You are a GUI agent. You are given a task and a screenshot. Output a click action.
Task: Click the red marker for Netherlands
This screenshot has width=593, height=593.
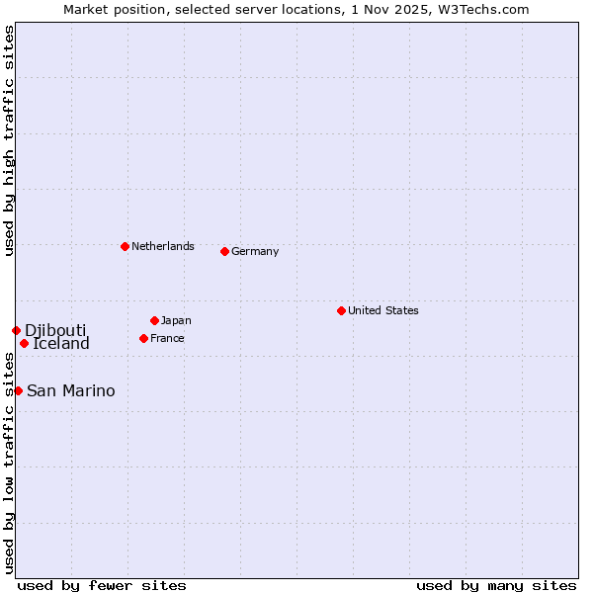[125, 246]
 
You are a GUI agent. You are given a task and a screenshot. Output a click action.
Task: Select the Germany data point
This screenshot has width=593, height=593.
[224, 251]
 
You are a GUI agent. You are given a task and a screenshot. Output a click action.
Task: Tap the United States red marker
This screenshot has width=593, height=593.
[341, 310]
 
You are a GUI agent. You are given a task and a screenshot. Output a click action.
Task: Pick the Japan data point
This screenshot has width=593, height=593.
[154, 320]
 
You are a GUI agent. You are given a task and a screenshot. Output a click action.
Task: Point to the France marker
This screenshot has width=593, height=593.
[143, 338]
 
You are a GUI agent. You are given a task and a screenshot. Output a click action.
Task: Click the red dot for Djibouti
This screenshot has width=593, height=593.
[16, 330]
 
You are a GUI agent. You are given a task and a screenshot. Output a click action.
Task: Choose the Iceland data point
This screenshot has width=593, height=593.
[24, 343]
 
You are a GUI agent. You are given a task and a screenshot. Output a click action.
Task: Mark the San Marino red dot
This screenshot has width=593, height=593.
[18, 390]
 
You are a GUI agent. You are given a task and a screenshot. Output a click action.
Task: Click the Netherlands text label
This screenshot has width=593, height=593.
[162, 246]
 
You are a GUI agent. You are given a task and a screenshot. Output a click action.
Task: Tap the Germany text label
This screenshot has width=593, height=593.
[255, 251]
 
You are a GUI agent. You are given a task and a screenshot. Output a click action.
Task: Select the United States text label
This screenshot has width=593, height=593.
[382, 310]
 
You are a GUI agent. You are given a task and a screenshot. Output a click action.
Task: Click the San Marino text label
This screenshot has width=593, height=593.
[70, 390]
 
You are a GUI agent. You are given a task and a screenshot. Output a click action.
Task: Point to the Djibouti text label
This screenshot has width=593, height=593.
[55, 330]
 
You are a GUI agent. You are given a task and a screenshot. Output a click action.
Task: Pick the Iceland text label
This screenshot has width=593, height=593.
[61, 344]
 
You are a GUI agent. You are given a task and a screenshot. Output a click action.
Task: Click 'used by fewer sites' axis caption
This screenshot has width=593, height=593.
[102, 585]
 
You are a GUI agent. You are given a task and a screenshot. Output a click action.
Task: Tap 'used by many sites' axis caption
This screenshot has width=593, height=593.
[496, 585]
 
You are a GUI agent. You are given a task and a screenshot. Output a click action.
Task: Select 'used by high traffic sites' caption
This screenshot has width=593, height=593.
[9, 140]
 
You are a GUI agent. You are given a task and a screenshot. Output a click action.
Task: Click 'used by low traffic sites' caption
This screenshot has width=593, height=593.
[9, 465]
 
